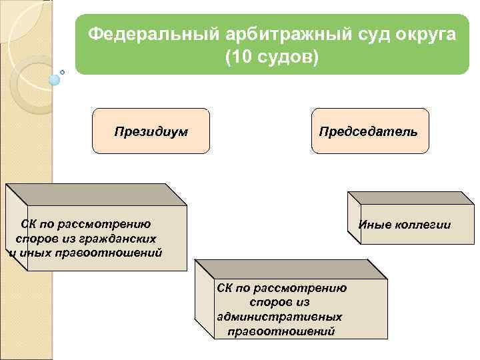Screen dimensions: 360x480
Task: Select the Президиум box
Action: point(151,131)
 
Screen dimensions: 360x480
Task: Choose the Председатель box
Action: point(369,131)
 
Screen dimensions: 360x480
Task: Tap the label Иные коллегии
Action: point(405,225)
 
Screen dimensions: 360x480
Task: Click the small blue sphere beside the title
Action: point(55,80)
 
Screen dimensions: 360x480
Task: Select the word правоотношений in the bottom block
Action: point(281,331)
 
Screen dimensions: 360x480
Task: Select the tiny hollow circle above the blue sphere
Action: point(63,71)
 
